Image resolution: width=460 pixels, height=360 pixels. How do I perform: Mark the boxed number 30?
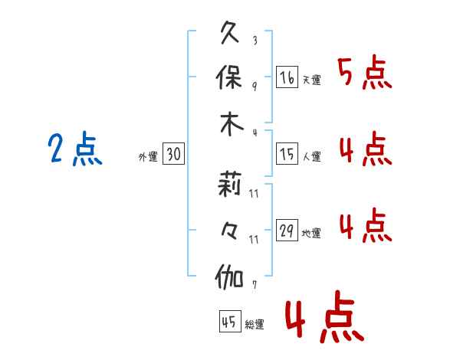(173, 155)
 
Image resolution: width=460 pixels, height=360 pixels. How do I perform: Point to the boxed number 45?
(228, 322)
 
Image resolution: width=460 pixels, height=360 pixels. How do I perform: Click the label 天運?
(311, 80)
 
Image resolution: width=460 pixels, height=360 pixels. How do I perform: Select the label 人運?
(311, 157)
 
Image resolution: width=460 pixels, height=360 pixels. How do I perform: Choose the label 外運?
(148, 157)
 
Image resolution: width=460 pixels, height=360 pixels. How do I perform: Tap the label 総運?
(254, 325)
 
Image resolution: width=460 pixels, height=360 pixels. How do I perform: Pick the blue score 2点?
(74, 149)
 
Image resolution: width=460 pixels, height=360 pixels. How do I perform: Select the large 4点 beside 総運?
(324, 319)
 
